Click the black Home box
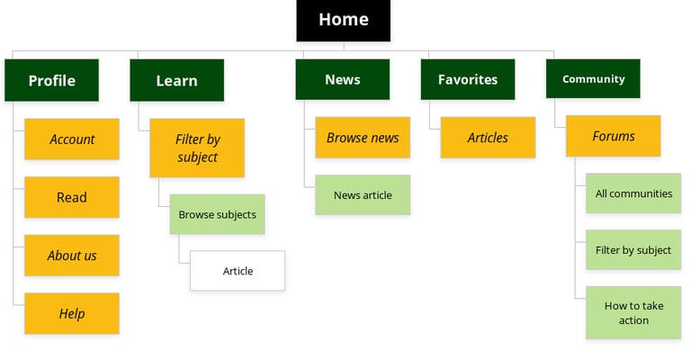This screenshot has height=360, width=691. [x=343, y=20]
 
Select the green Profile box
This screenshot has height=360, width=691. [x=51, y=80]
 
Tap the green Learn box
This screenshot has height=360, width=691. [x=176, y=80]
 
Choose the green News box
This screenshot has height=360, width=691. [x=342, y=79]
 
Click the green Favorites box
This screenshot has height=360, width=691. [x=467, y=79]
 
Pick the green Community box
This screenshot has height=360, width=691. [x=593, y=79]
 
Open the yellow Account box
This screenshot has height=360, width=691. [x=72, y=139]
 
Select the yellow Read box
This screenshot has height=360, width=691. [x=72, y=197]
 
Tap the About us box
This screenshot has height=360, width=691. [x=72, y=256]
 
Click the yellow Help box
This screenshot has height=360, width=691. [x=72, y=313]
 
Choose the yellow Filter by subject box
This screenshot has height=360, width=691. [x=197, y=148]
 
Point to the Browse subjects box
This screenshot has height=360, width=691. [x=217, y=214]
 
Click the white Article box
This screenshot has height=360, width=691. [x=238, y=271]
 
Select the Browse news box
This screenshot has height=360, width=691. [x=363, y=138]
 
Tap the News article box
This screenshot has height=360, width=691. [x=363, y=194]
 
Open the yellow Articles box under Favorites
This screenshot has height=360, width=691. [x=488, y=138]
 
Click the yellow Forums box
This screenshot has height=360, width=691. [x=613, y=136]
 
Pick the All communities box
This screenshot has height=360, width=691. [x=633, y=193]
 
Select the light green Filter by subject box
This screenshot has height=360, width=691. [x=633, y=249]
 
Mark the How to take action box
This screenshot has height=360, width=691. [x=633, y=312]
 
